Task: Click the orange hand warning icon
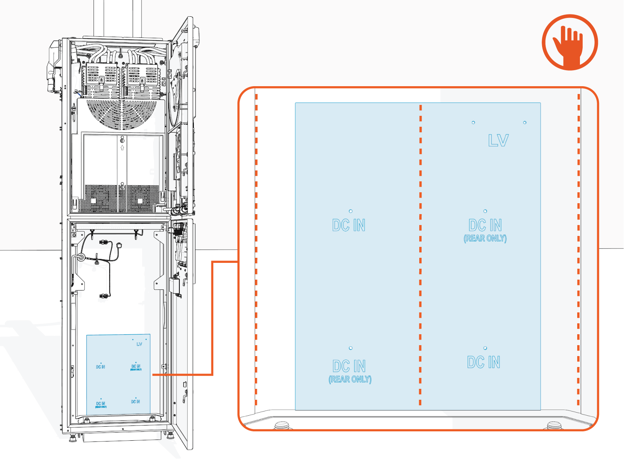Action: pos(570,43)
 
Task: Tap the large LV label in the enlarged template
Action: pos(498,140)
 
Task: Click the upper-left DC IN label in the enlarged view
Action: pos(349,225)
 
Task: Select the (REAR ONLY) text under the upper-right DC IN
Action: pos(485,238)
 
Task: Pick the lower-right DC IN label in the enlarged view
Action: pos(484,362)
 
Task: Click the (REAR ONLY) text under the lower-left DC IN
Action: pos(350,379)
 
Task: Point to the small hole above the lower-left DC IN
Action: pos(351,348)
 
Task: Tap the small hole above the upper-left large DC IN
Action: pos(351,211)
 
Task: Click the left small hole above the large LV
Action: pos(473,122)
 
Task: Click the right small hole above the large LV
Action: pos(525,122)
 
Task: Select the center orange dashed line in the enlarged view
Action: pos(420,253)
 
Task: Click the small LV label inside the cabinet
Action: pos(139,344)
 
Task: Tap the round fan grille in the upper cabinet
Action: pos(122,113)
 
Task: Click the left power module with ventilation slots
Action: pos(101,80)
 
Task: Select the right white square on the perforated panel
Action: pos(140,201)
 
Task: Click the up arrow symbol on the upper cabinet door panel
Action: pos(122,148)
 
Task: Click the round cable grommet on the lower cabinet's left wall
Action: pos(81,257)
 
